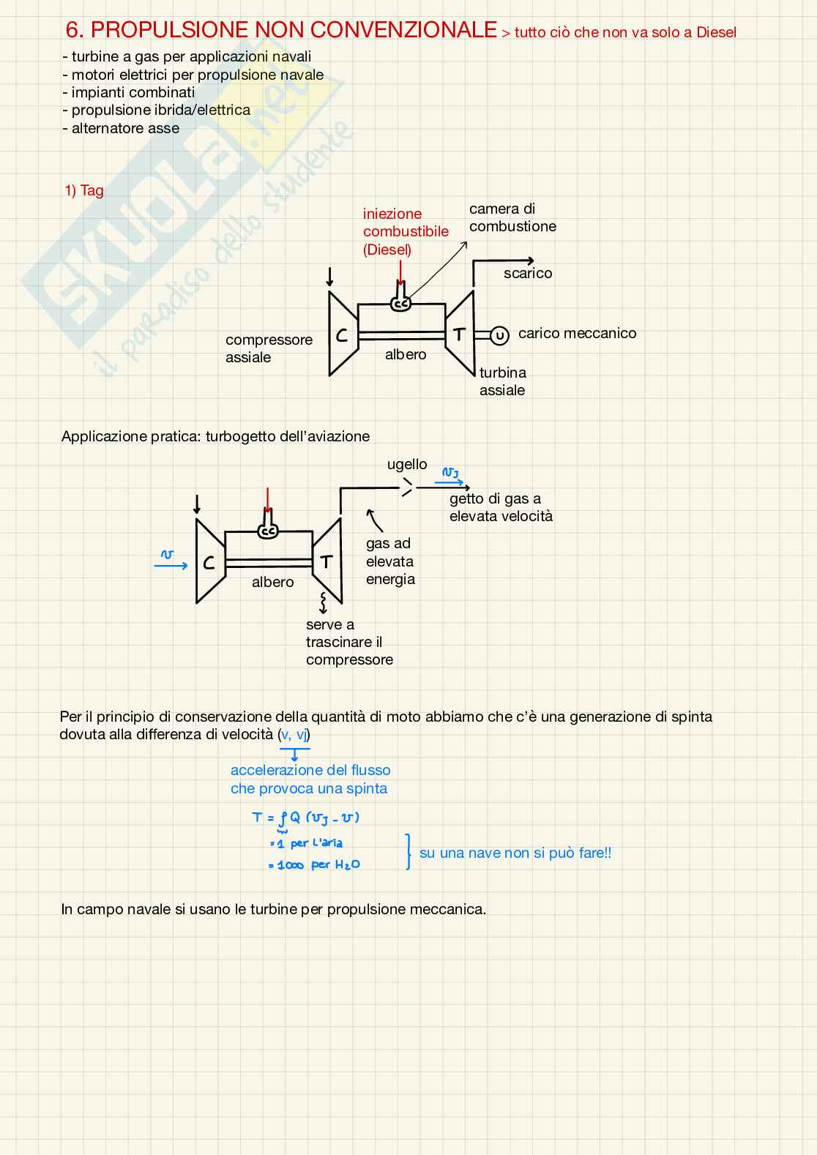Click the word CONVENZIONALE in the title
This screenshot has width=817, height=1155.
click(405, 30)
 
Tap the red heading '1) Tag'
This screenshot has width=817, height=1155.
click(84, 190)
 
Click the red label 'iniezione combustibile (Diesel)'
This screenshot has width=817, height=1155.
click(406, 231)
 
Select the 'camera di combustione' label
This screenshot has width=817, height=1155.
click(512, 217)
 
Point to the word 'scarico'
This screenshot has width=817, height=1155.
click(528, 273)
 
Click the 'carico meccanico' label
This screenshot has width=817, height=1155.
click(577, 333)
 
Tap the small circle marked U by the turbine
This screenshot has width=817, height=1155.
click(499, 336)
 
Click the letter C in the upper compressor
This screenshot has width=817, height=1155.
click(342, 335)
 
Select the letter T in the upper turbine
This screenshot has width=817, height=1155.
click(459, 334)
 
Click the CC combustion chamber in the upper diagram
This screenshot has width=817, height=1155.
click(400, 303)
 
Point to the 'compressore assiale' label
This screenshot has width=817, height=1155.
click(269, 348)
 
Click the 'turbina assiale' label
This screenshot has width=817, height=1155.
click(502, 381)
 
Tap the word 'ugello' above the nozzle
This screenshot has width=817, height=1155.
click(407, 464)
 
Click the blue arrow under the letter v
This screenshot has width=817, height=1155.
click(171, 565)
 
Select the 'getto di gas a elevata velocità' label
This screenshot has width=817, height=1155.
click(501, 507)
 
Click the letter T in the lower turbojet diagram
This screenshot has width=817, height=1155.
click(327, 561)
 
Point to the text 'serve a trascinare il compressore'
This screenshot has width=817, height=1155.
click(349, 642)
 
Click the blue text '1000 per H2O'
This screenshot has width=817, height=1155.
click(315, 865)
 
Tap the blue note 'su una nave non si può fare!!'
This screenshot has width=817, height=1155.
click(515, 853)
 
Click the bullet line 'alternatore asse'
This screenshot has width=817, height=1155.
click(125, 128)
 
